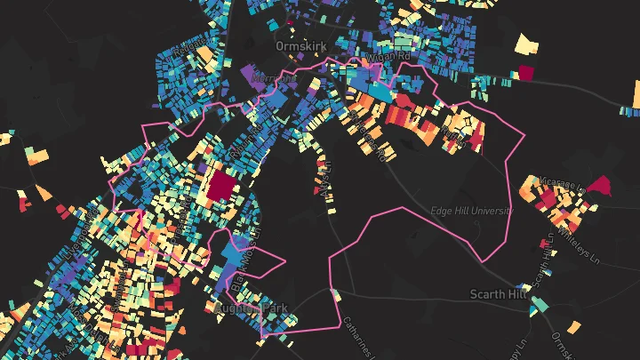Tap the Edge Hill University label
coord(472,212)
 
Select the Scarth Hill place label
coord(499,294)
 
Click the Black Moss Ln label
coord(238,263)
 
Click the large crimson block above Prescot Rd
coord(221,188)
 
